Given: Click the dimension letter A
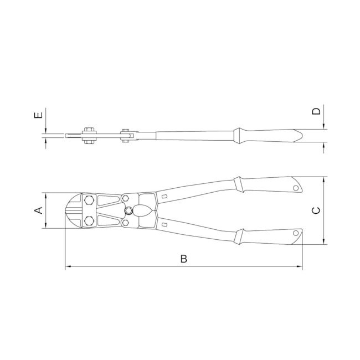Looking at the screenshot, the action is coord(39,210).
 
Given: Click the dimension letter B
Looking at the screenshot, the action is coord(184,259).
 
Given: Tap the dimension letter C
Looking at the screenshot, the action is coord(316,210).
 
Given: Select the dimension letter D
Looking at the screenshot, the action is coord(316,111).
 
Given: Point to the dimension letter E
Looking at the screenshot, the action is coord(38,115).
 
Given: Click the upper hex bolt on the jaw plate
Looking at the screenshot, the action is coord(89,200).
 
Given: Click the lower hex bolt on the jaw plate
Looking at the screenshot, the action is coord(89,221).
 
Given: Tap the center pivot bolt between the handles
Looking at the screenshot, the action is coord(129,210).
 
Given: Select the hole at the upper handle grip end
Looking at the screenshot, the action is coord(296,188).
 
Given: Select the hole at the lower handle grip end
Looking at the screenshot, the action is coord(296,233).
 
